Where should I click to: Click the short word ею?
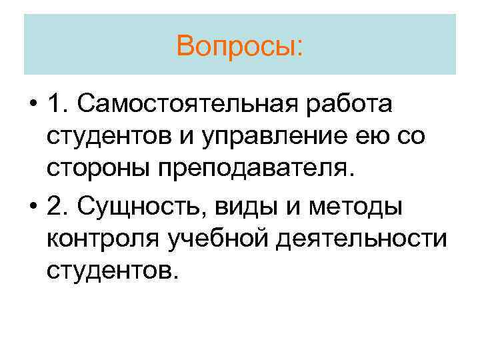point(361,137)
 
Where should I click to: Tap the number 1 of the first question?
point(55,105)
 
